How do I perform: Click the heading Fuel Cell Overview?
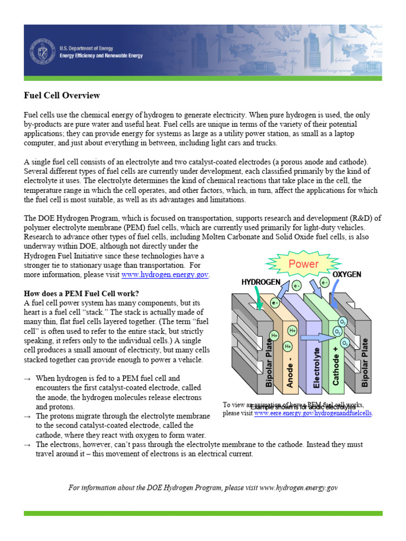(x=62, y=96)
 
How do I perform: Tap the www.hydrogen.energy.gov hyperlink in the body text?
(x=165, y=275)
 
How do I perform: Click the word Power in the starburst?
(x=303, y=264)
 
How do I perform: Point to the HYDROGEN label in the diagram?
(x=261, y=282)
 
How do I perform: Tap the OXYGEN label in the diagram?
(x=347, y=275)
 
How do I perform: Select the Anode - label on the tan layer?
(x=290, y=367)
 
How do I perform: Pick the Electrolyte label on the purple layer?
(x=317, y=368)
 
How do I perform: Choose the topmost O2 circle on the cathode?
(x=343, y=322)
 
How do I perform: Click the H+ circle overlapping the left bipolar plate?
(x=274, y=335)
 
